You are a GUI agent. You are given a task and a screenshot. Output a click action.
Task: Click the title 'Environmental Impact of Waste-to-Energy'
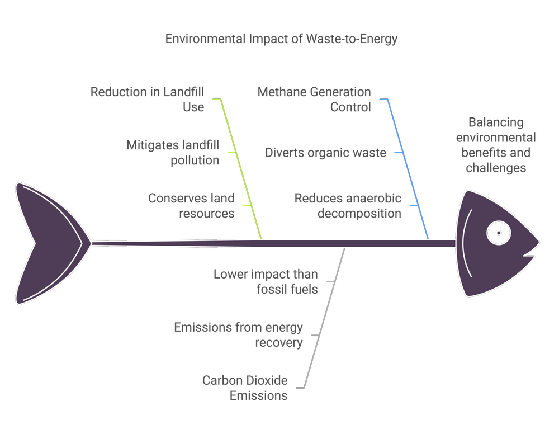(x=281, y=40)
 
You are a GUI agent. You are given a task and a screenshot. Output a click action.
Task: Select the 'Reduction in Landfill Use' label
(x=148, y=99)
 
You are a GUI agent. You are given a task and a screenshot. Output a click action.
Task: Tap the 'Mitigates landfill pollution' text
(x=173, y=153)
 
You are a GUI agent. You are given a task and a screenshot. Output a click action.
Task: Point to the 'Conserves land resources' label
(x=191, y=205)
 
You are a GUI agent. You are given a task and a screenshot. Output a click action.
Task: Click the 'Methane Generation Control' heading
(x=314, y=99)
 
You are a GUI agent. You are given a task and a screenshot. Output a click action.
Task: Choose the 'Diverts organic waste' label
(x=325, y=153)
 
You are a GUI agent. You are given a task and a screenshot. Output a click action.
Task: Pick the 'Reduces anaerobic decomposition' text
(x=348, y=205)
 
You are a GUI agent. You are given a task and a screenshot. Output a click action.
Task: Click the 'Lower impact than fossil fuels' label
(x=266, y=282)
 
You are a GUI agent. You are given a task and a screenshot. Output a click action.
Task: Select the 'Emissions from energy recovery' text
(x=238, y=334)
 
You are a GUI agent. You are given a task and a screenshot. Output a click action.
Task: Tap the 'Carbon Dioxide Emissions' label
(x=245, y=388)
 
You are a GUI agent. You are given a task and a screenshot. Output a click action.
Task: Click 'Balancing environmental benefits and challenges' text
(x=496, y=145)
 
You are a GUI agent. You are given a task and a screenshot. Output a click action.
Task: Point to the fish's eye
(x=499, y=232)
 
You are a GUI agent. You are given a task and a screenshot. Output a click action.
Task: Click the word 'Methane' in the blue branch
(x=280, y=92)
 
